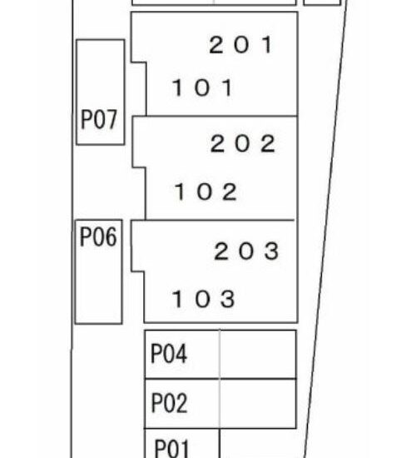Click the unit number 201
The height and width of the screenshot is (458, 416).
[241, 45]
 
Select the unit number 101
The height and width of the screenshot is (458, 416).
[203, 87]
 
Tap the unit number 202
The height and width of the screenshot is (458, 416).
[243, 143]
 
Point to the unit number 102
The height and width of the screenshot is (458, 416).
[206, 192]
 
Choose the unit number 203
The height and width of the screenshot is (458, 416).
[246, 251]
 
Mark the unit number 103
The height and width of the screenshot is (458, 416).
[204, 298]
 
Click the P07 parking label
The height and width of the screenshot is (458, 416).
[99, 119]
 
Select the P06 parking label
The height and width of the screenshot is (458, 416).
[98, 236]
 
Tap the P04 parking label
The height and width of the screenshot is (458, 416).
[169, 353]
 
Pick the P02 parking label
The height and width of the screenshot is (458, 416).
[170, 402]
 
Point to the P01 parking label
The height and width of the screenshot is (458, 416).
[171, 448]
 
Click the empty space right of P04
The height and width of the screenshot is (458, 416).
[258, 354]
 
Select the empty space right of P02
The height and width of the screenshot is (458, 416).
[258, 404]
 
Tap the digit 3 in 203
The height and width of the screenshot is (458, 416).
[271, 251]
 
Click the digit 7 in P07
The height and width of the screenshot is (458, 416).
[111, 119]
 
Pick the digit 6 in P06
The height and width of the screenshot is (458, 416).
[111, 236]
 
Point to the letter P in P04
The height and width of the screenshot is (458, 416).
[156, 353]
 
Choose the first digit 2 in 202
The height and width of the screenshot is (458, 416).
[217, 143]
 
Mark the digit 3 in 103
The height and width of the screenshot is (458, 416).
[228, 298]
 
